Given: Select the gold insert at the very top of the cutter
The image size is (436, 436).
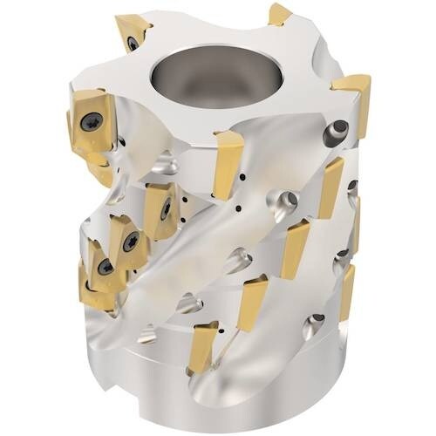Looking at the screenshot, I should [279, 14].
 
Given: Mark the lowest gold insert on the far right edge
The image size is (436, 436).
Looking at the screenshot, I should [346, 288].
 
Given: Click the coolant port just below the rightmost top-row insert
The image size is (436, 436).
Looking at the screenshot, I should [333, 134].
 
